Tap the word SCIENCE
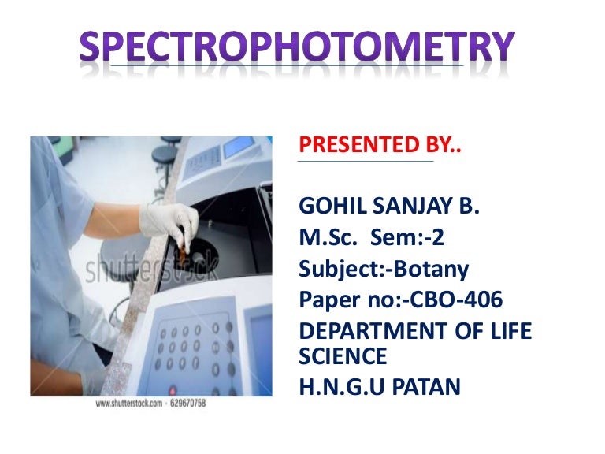point(343,356)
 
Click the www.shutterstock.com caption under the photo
point(128,404)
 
